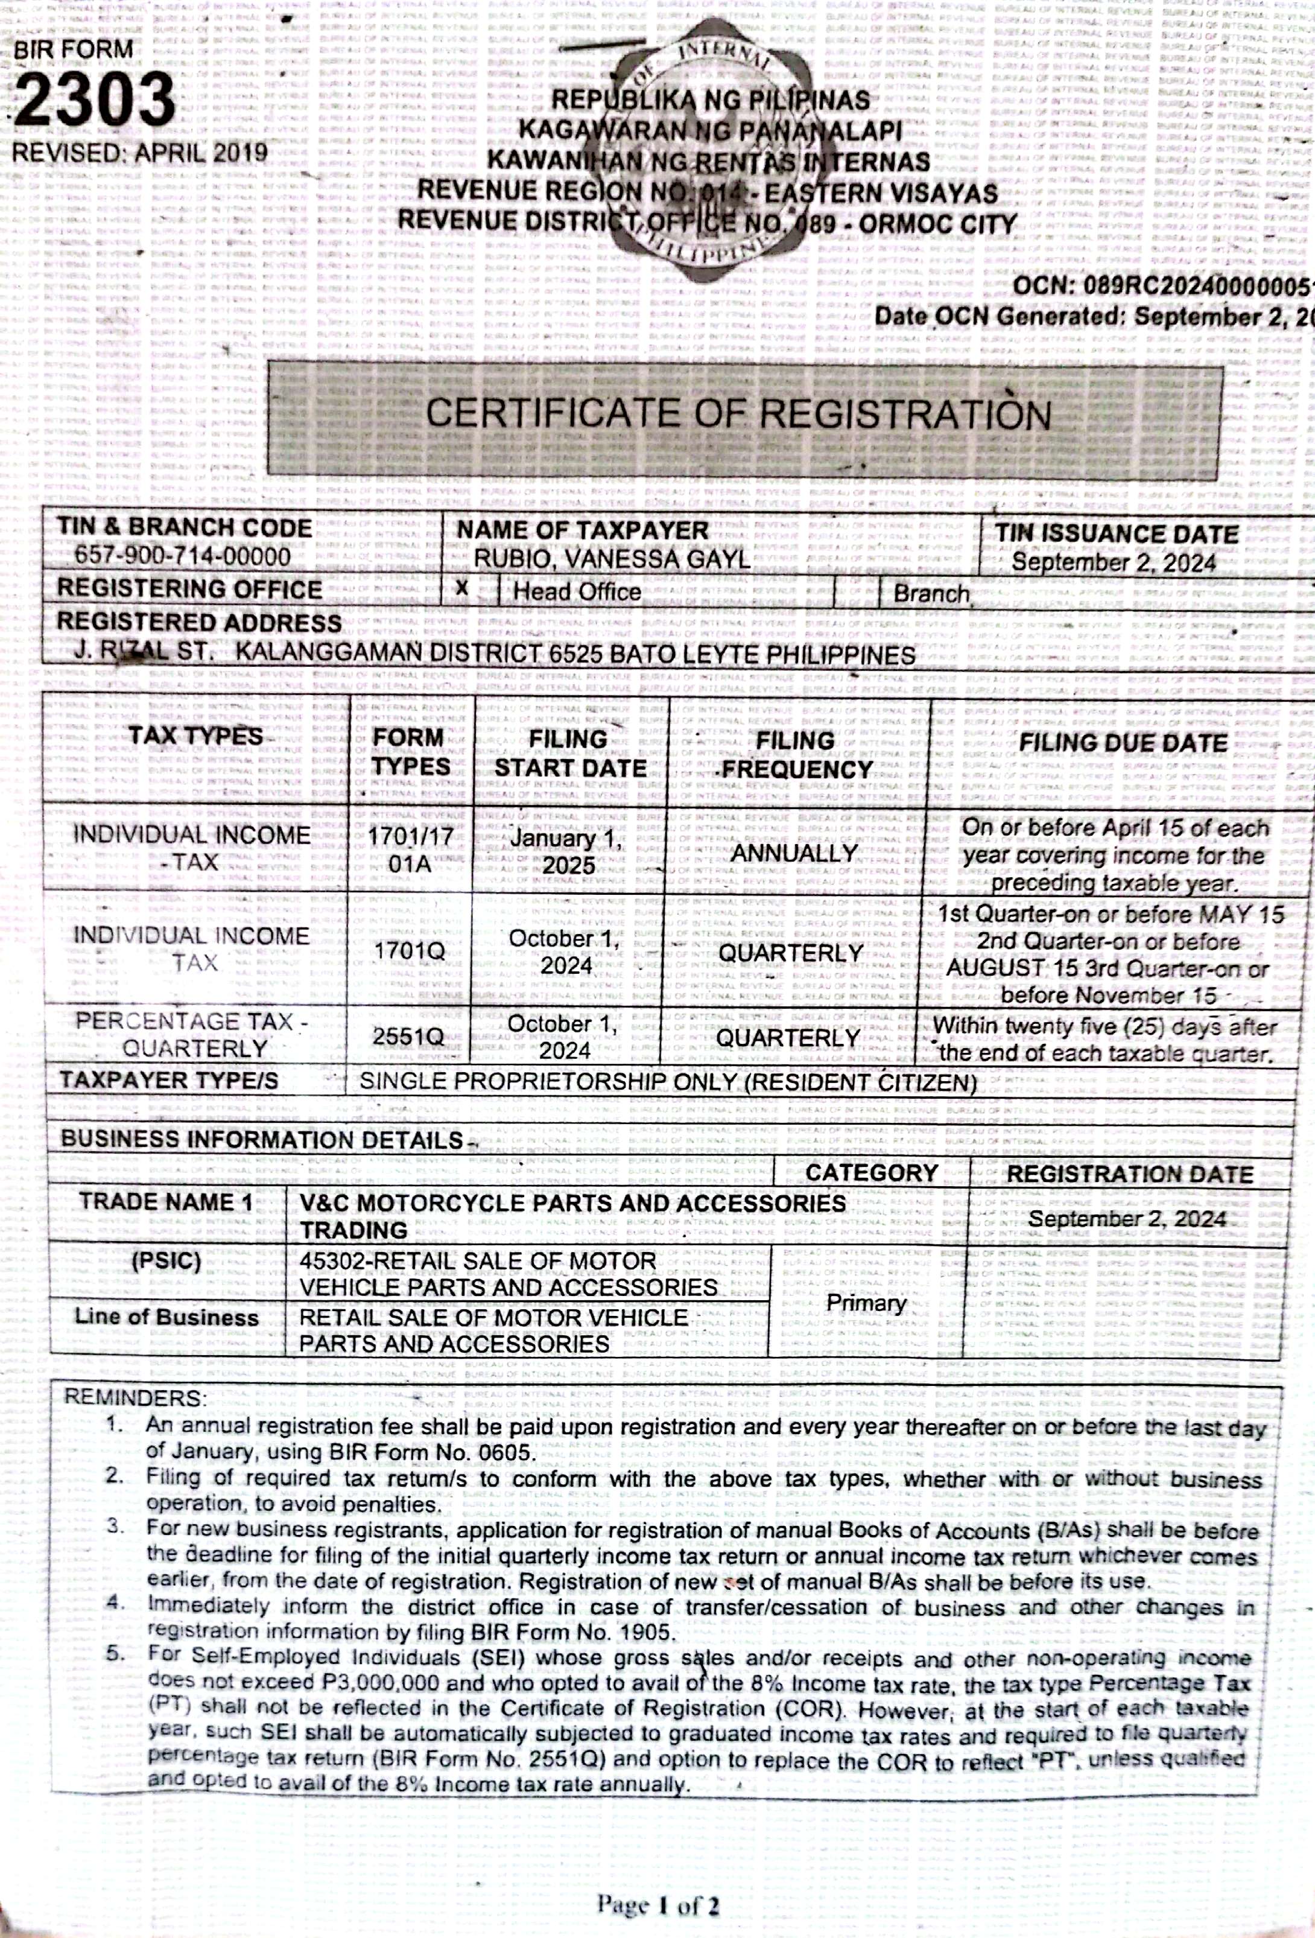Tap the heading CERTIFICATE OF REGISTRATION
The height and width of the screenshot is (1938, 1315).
click(x=738, y=415)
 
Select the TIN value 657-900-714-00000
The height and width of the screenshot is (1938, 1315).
click(x=183, y=556)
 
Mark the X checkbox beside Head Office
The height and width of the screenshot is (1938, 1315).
click(x=462, y=589)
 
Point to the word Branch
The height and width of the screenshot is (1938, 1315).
click(x=931, y=594)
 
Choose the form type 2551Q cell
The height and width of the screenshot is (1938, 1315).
click(x=408, y=1037)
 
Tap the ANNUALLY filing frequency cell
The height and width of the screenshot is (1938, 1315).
click(x=794, y=853)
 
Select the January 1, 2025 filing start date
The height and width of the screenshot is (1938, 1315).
click(x=567, y=851)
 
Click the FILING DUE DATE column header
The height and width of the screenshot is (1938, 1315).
click(x=1123, y=743)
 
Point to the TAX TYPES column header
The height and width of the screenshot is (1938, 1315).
click(x=195, y=736)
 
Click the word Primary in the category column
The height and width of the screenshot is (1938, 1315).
click(x=866, y=1303)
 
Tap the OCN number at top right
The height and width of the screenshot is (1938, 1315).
click(x=1162, y=286)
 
